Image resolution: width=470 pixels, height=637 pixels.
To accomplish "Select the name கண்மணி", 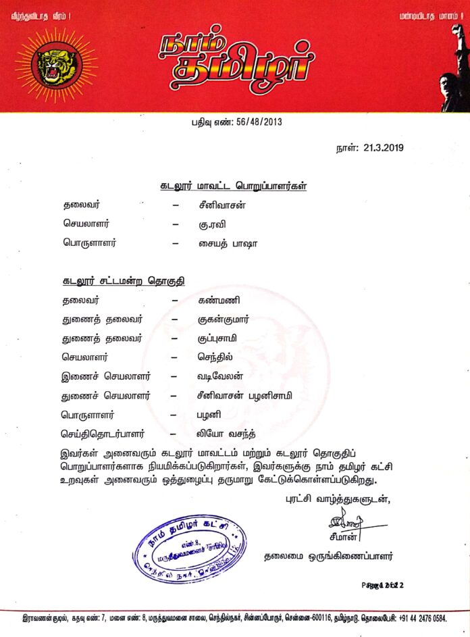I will tap(215, 299).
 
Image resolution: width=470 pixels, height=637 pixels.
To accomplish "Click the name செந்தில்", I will tap(211, 355).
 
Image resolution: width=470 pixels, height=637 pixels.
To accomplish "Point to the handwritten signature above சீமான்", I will tap(346, 521).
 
